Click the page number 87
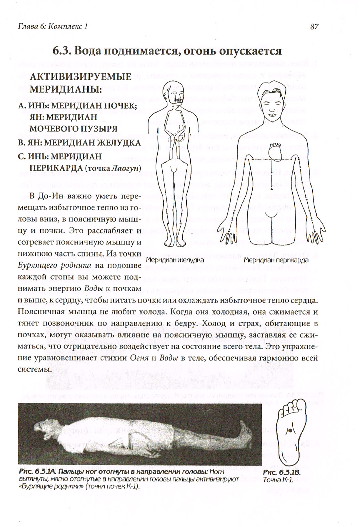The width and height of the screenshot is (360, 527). (314, 26)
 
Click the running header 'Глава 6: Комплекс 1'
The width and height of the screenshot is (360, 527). (53, 26)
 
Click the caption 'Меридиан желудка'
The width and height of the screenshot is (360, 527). (175, 260)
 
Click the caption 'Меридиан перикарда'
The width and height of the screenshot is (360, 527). (276, 260)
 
